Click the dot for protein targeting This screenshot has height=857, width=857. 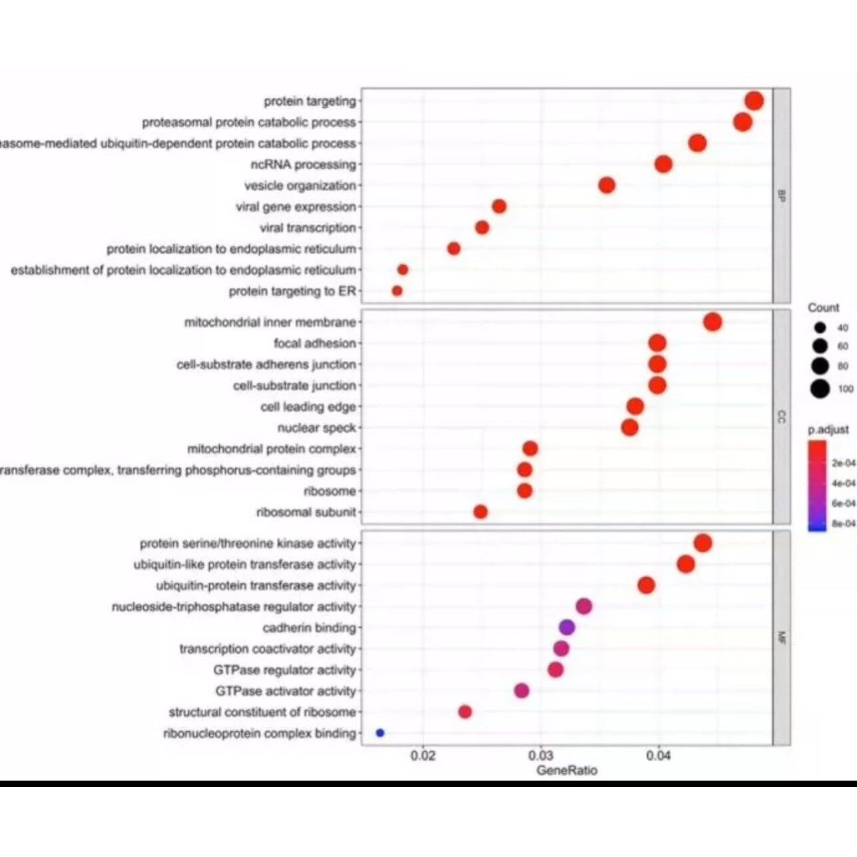click(x=754, y=101)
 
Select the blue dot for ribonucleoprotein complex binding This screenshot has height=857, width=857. click(x=380, y=732)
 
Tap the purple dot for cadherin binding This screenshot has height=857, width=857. click(x=567, y=627)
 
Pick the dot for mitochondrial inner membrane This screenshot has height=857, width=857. click(x=713, y=322)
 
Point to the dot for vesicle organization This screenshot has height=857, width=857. click(x=607, y=185)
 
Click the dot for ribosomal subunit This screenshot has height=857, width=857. click(x=481, y=512)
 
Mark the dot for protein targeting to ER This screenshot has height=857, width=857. click(x=398, y=291)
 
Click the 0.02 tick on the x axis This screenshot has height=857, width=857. click(x=424, y=756)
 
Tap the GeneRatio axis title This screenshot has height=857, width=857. click(x=567, y=770)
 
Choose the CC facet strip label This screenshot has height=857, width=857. click(x=782, y=417)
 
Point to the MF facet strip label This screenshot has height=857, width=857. click(x=782, y=638)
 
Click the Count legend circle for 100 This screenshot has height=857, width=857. click(x=820, y=389)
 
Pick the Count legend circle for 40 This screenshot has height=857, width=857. click(x=820, y=328)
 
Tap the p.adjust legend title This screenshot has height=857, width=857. click(x=828, y=430)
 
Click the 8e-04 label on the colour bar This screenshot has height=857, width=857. click(x=843, y=524)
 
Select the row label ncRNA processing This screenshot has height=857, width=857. click(x=303, y=164)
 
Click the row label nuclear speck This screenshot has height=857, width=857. click(x=316, y=428)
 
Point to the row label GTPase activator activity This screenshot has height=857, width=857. click(x=285, y=691)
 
